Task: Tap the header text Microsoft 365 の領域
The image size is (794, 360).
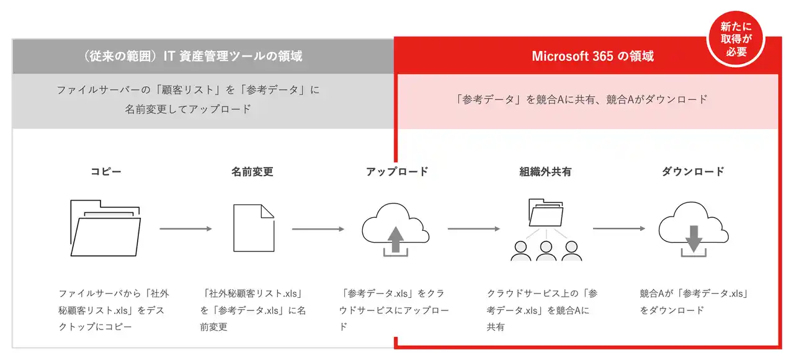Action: pyautogui.click(x=592, y=56)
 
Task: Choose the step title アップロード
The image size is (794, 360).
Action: pyautogui.click(x=397, y=171)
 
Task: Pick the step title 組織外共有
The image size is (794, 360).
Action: pyautogui.click(x=545, y=171)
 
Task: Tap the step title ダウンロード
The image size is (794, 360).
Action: pyautogui.click(x=693, y=171)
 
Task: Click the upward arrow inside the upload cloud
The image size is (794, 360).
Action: pyautogui.click(x=393, y=239)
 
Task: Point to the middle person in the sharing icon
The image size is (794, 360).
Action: pyautogui.click(x=546, y=250)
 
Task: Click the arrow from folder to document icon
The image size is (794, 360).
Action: pyautogui.click(x=185, y=229)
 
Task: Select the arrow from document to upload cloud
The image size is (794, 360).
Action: pyautogui.click(x=318, y=229)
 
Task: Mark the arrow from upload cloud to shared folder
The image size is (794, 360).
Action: pyautogui.click(x=473, y=229)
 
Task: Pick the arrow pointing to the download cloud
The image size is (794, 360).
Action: pyautogui.click(x=618, y=228)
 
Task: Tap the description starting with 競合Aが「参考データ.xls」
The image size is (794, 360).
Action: pyautogui.click(x=693, y=301)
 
